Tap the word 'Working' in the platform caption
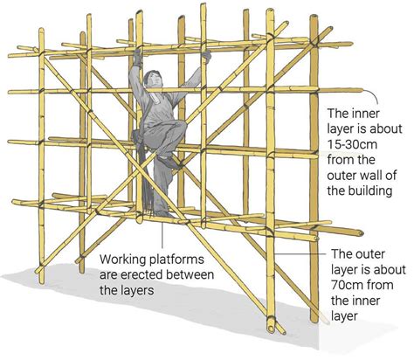point(127,260)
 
